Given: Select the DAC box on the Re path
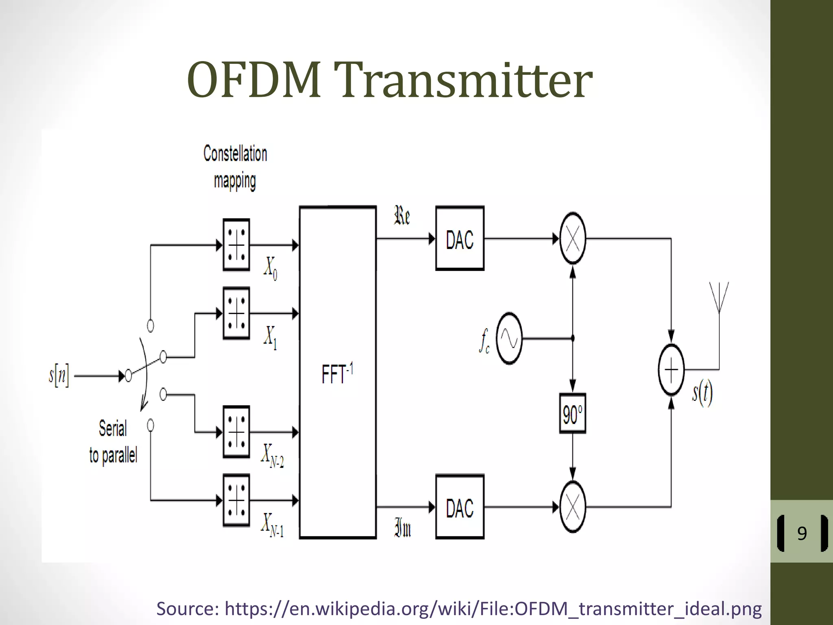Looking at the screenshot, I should [460, 239].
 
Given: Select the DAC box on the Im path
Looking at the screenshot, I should [460, 507].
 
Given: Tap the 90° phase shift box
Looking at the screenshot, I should [572, 413].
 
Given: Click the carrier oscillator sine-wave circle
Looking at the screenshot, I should [509, 339].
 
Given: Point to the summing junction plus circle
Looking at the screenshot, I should [671, 369].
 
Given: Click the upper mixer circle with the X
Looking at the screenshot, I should [573, 238].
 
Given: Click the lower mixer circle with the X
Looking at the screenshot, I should [573, 507].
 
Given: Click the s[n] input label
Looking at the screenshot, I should [59, 376].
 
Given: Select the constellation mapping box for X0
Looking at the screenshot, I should [236, 245].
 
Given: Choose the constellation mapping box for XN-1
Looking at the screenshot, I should [236, 500].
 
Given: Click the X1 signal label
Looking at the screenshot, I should [270, 337].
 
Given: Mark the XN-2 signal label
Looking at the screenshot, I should [272, 456].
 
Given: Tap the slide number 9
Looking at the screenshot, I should [802, 533].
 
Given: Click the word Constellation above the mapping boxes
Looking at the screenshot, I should [235, 154].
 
